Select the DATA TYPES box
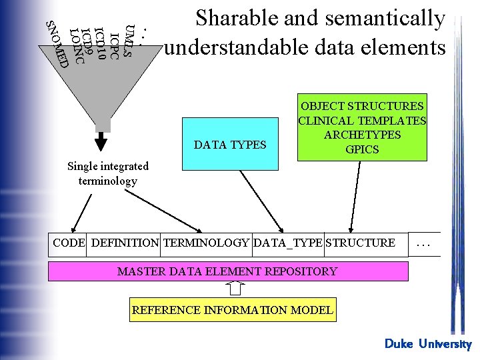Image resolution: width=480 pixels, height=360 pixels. click(x=230, y=143)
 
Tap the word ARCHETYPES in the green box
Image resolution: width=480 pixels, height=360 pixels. click(x=362, y=135)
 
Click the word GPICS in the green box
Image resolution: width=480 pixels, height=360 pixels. click(x=362, y=149)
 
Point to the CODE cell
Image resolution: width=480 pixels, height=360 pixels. click(x=69, y=243)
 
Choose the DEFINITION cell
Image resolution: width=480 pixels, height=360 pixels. click(x=125, y=243)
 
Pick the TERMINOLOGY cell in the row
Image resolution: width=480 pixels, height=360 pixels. click(x=206, y=243)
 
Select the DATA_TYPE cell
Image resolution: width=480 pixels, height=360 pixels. click(x=288, y=243)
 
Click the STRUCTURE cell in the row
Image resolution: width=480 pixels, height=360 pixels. click(x=360, y=243)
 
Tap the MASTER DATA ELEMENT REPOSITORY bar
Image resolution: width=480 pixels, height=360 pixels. click(x=227, y=271)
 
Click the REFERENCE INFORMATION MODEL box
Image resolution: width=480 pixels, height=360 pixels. click(x=233, y=310)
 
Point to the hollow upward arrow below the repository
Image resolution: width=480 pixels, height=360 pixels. click(x=235, y=288)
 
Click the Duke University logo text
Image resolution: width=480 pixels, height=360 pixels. click(x=428, y=344)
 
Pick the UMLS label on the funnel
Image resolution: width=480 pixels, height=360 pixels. click(x=131, y=41)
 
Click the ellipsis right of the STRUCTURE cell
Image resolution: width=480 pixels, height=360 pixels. click(x=425, y=244)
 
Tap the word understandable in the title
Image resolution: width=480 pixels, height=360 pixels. click(x=239, y=48)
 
